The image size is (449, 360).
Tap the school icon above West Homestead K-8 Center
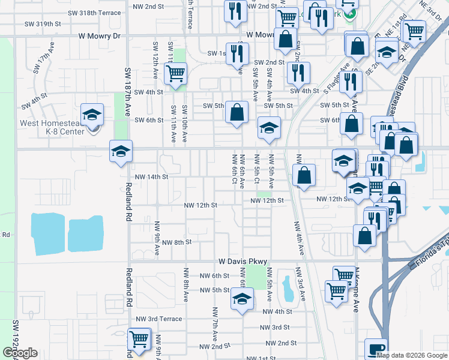tap(92, 114)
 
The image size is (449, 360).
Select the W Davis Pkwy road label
tap(242, 262)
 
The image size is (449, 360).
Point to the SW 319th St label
tap(44, 23)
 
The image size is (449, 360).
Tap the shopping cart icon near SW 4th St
tap(175, 74)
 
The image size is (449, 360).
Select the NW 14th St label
tap(151, 177)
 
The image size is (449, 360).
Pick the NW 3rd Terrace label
tap(158, 319)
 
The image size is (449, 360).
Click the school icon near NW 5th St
tap(241, 299)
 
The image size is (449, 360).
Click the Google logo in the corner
tap(20, 353)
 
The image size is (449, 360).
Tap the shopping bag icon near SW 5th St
tap(237, 112)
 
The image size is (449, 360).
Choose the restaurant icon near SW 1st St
tap(235, 53)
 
